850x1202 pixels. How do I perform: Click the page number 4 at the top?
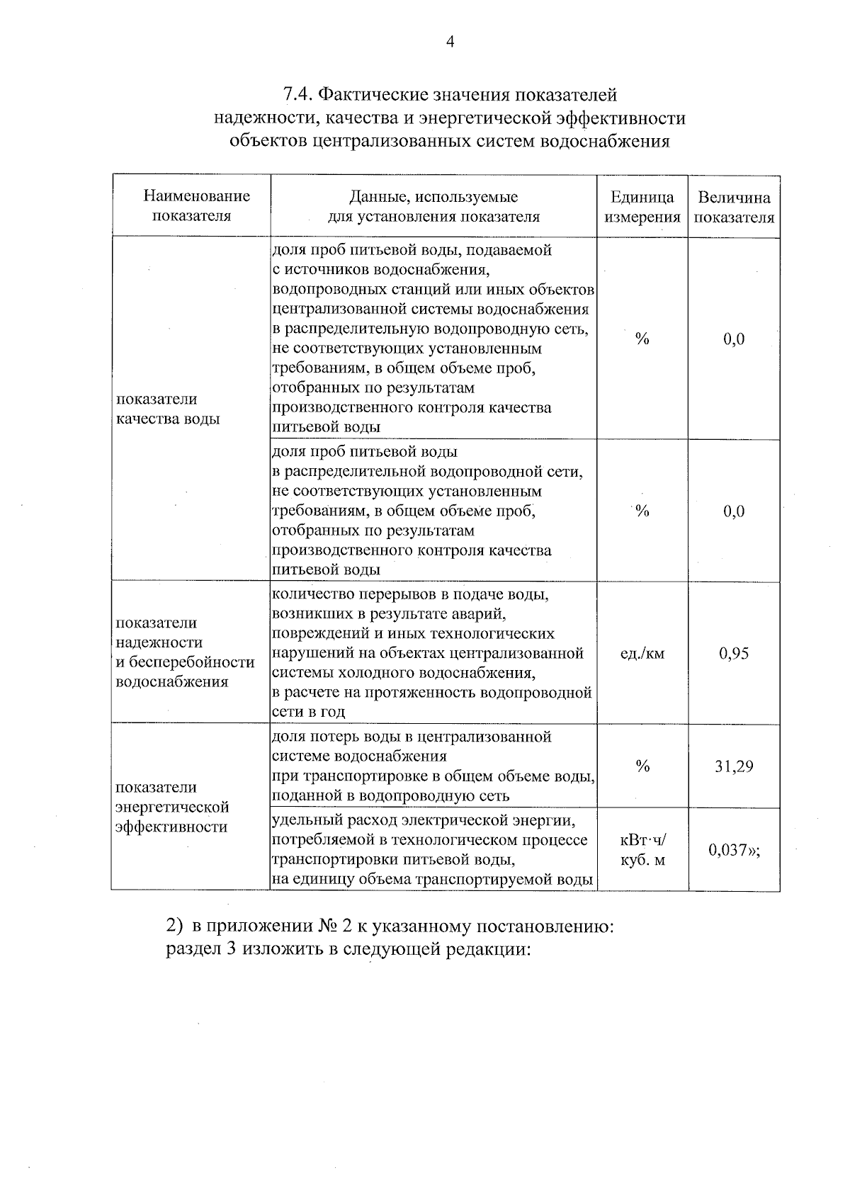449,42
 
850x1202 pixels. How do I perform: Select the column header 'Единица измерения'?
642,207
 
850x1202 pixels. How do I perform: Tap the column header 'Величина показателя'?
734,207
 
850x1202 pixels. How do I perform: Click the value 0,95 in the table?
734,653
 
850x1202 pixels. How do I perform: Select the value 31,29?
734,766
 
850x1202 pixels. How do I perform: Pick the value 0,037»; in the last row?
734,849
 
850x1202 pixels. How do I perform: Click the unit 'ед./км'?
642,653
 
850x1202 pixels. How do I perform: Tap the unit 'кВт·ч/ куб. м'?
642,850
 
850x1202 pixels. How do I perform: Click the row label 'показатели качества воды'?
167,409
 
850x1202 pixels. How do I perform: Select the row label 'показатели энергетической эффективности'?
171,807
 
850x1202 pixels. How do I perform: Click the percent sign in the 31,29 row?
642,766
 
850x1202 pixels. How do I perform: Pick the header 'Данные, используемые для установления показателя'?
433,206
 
